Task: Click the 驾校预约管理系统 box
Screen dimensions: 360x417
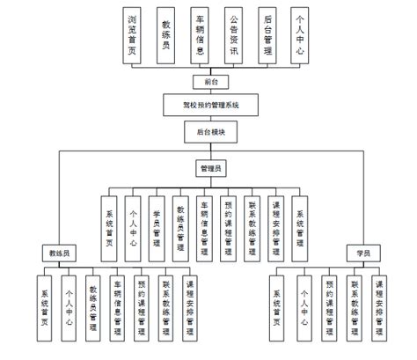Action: (208, 104)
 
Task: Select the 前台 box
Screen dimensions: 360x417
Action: (208, 80)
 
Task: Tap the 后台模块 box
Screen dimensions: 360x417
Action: (208, 131)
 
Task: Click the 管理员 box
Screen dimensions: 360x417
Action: (208, 165)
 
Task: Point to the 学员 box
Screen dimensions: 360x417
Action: (362, 253)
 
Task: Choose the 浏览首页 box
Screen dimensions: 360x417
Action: (133, 34)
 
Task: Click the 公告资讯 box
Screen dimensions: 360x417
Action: (233, 34)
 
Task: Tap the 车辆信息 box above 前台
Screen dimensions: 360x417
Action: (200, 34)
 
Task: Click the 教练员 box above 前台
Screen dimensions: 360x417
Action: (166, 34)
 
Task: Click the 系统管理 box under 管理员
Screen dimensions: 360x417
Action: (299, 224)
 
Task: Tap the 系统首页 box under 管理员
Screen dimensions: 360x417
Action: (110, 224)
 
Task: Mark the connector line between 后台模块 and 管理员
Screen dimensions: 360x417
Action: (208, 150)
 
